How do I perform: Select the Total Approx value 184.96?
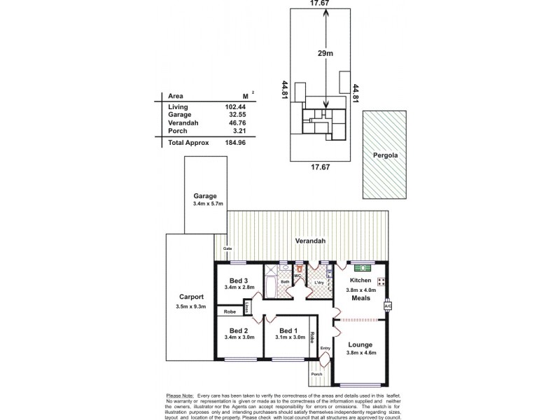[x=235, y=142]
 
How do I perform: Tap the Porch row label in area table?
[x=178, y=130]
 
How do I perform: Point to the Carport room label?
[x=191, y=295]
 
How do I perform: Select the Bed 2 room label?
[x=239, y=330]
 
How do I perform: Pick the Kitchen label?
[x=360, y=280]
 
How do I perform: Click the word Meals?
[x=361, y=297]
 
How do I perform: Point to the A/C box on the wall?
[x=387, y=306]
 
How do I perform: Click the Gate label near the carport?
[x=227, y=248]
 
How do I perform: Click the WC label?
[x=297, y=276]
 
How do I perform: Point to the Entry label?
[x=325, y=348]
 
